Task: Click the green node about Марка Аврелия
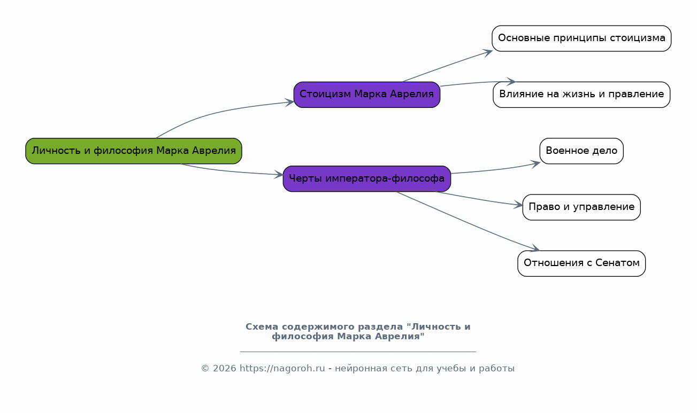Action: pos(134,151)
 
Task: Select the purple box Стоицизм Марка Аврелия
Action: pos(367,95)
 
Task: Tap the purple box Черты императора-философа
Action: pos(367,178)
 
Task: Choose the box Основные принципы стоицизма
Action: pos(581,38)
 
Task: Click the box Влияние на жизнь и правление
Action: pos(581,95)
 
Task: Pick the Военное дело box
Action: pos(581,151)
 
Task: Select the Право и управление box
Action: pos(581,207)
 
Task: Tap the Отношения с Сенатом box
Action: pos(581,263)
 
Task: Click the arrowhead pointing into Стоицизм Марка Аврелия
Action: pos(290,102)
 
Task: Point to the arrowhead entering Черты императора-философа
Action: pos(279,174)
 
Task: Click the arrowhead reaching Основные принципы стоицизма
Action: pos(488,52)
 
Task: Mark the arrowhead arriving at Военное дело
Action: pos(535,164)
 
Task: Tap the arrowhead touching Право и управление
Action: pos(518,205)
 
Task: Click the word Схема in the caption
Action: pos(262,327)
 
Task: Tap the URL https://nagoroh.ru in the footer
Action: pos(282,368)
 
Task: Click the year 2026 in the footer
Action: pos(224,368)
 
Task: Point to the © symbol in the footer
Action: pos(205,369)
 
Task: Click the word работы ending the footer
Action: pos(496,369)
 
